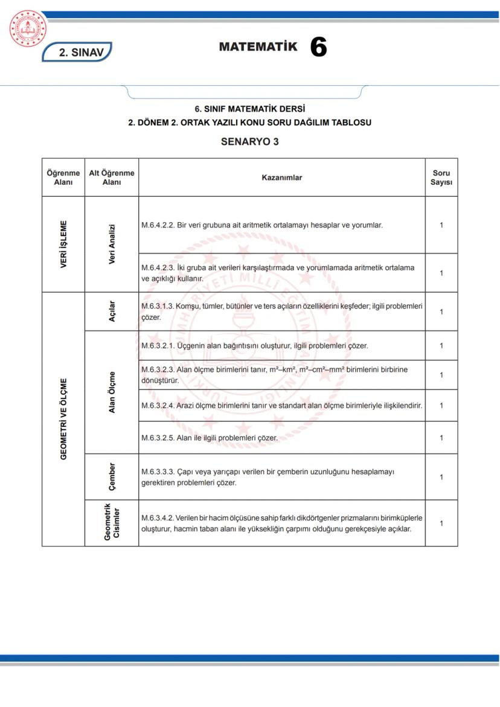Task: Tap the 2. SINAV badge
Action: click(77, 53)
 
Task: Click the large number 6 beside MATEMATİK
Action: click(318, 47)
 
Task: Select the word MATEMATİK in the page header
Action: click(258, 46)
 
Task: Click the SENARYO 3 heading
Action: click(249, 142)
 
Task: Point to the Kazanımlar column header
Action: click(281, 178)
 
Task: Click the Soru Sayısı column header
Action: click(441, 178)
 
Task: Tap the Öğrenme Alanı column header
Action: click(63, 178)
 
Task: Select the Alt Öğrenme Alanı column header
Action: click(112, 178)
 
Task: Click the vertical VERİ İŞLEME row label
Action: click(63, 244)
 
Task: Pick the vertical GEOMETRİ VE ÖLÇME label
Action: click(63, 419)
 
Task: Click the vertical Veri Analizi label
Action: click(112, 244)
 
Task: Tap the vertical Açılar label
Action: click(112, 312)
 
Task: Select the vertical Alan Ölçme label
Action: click(112, 392)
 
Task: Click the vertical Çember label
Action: click(112, 476)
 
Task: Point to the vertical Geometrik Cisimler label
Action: click(112, 523)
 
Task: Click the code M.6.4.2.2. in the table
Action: click(158, 225)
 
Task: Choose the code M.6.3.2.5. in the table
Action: click(158, 438)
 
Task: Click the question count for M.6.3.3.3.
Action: click(441, 477)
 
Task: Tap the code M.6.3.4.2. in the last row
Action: click(158, 518)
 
